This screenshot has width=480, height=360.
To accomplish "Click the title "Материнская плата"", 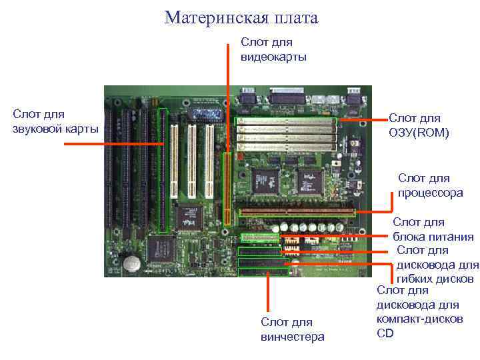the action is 241,18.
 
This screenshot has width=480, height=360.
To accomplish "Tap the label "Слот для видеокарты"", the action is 273,49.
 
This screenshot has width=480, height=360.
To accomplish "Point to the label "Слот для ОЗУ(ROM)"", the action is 419,126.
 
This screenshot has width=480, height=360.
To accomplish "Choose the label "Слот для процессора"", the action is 430,185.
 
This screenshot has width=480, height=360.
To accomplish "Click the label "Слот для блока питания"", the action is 433,229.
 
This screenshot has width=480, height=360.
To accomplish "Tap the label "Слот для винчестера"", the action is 292,329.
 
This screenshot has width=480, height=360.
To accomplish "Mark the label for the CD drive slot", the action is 419,311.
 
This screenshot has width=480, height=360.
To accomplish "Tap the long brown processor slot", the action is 297,212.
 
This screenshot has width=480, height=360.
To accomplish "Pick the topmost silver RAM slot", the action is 286,122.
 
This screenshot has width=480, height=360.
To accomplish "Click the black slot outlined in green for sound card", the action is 163,170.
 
